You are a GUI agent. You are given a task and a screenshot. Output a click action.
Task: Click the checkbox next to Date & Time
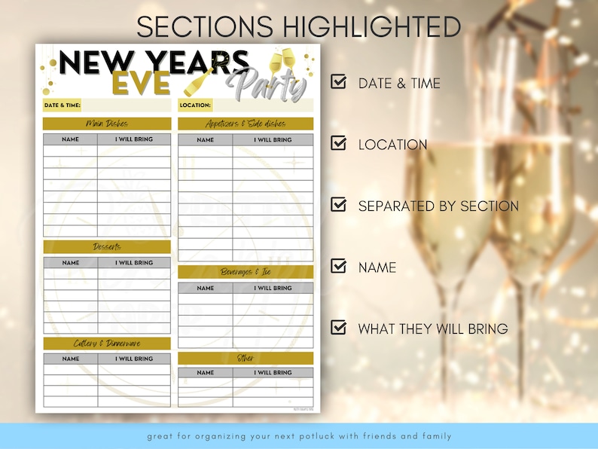(x=339, y=81)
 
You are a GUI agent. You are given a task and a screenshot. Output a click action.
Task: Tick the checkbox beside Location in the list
(x=339, y=143)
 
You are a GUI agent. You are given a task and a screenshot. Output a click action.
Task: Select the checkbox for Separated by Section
(x=339, y=205)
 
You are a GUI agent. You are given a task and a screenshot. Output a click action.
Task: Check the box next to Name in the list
(x=339, y=266)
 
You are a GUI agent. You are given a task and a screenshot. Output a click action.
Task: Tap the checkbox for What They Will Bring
(x=339, y=328)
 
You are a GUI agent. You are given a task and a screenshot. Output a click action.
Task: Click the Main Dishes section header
(x=106, y=124)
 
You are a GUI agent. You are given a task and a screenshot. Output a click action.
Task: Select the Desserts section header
(x=106, y=247)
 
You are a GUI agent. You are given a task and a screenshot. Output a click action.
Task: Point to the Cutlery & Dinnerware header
(x=106, y=344)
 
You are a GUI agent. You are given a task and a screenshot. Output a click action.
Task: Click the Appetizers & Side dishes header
(x=246, y=124)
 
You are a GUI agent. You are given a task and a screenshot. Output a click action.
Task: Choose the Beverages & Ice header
(x=246, y=272)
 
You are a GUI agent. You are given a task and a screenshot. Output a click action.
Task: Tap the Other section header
(x=246, y=358)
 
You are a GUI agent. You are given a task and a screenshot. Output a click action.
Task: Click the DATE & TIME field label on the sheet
(x=62, y=105)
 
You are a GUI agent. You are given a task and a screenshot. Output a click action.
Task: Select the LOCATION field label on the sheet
(x=196, y=105)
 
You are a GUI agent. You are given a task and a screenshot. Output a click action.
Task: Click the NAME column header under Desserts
(x=70, y=263)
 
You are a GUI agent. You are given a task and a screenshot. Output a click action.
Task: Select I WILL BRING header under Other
(x=273, y=373)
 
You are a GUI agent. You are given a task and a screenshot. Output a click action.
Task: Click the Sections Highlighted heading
(x=299, y=26)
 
